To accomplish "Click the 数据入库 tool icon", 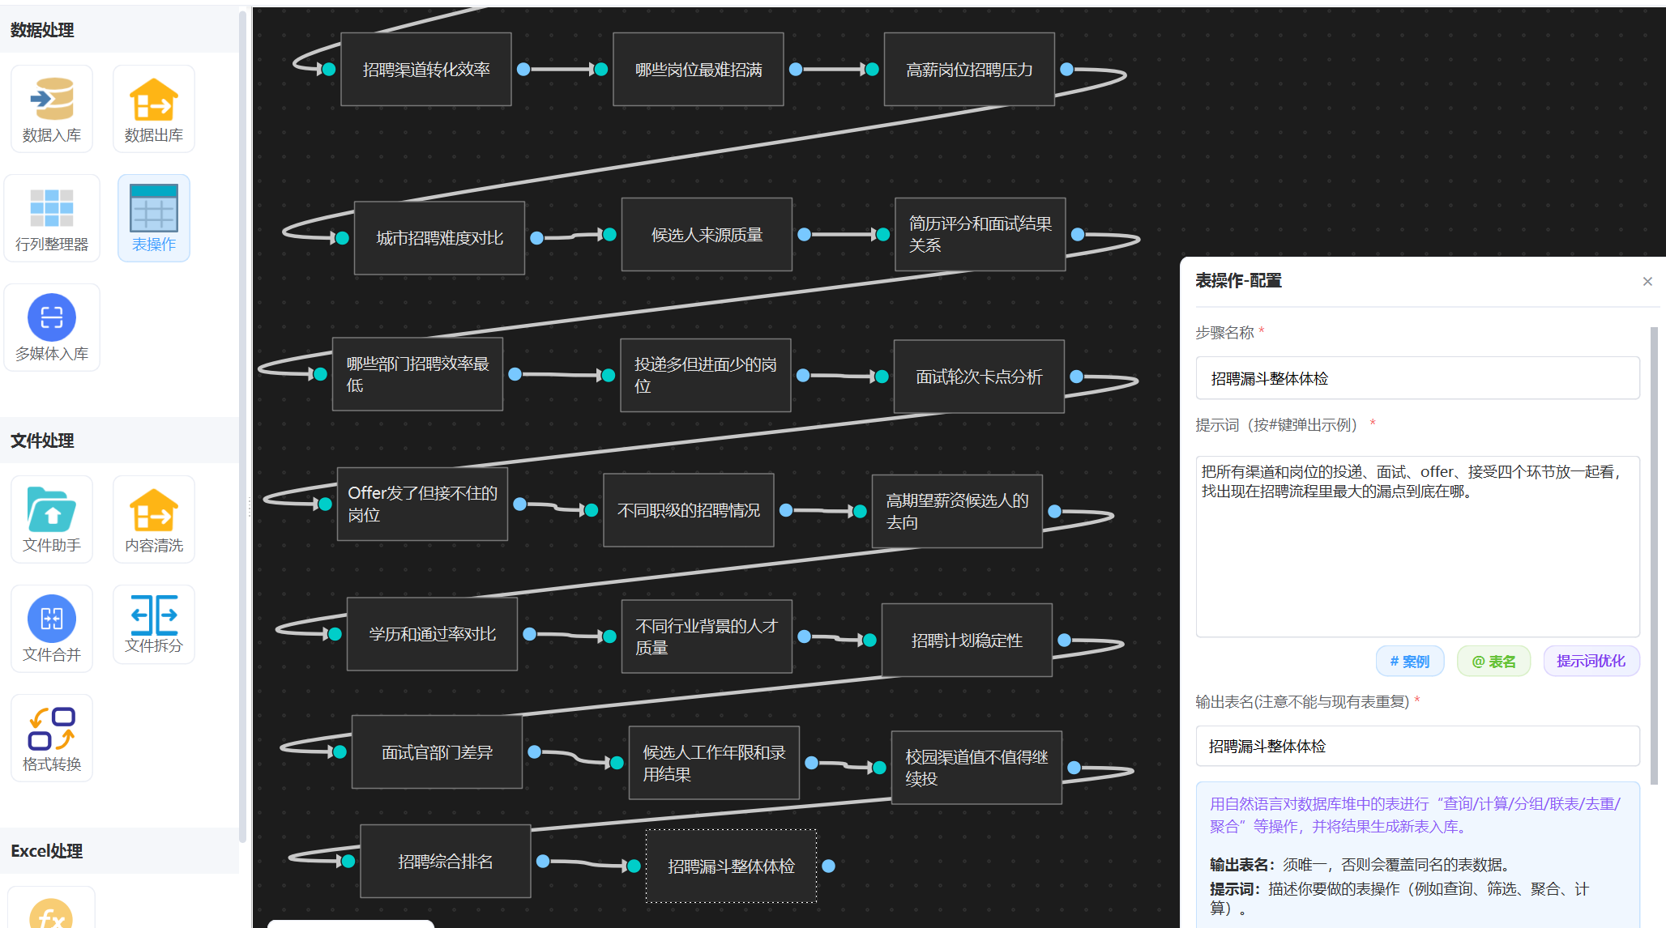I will click(52, 100).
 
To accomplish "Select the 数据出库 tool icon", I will click(153, 100).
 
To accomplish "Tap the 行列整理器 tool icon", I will click(52, 208).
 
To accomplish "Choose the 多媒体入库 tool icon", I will click(52, 317).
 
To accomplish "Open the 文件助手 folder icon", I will click(52, 509).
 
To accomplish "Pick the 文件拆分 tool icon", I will click(153, 616).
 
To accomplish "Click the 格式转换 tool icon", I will click(52, 728).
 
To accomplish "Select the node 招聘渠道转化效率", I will click(426, 70).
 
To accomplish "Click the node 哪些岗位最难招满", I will click(698, 70).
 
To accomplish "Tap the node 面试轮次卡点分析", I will click(979, 377).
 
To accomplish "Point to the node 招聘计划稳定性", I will click(967, 641).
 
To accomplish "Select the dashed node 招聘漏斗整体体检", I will click(731, 866).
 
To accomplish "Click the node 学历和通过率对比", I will click(432, 634).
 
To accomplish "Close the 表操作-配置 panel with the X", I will click(1647, 281).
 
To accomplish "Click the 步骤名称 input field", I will click(1417, 378).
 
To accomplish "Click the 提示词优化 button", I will click(1591, 661).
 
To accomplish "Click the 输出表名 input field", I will click(1417, 746).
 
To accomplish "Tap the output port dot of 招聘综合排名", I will click(543, 861).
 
